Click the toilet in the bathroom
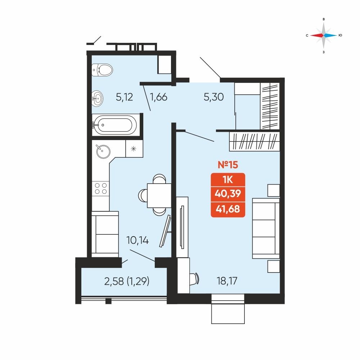[102, 70]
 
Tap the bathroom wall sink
[97, 99]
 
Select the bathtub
[114, 125]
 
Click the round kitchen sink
[103, 152]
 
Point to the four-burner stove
[100, 188]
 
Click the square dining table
[159, 195]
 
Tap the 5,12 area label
[125, 97]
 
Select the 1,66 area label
[159, 97]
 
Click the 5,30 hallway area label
[214, 97]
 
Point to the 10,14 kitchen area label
[138, 240]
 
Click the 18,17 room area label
[227, 281]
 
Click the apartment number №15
[228, 165]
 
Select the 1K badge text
[228, 180]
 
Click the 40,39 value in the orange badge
[228, 194]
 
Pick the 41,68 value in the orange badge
[228, 209]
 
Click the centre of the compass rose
[324, 35]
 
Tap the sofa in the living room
[266, 229]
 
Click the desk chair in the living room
[194, 279]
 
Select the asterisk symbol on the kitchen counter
[134, 149]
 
